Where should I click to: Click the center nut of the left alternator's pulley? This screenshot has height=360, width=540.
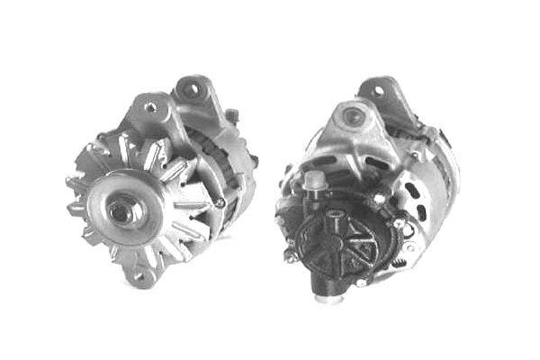(120, 212)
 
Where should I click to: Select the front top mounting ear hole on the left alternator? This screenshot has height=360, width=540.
(149, 109)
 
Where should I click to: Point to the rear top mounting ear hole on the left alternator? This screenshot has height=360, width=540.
(191, 89)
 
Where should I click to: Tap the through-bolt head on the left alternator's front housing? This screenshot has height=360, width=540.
(219, 203)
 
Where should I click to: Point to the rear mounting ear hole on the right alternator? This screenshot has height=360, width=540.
(379, 90)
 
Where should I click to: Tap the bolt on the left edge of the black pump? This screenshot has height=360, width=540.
(290, 255)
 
